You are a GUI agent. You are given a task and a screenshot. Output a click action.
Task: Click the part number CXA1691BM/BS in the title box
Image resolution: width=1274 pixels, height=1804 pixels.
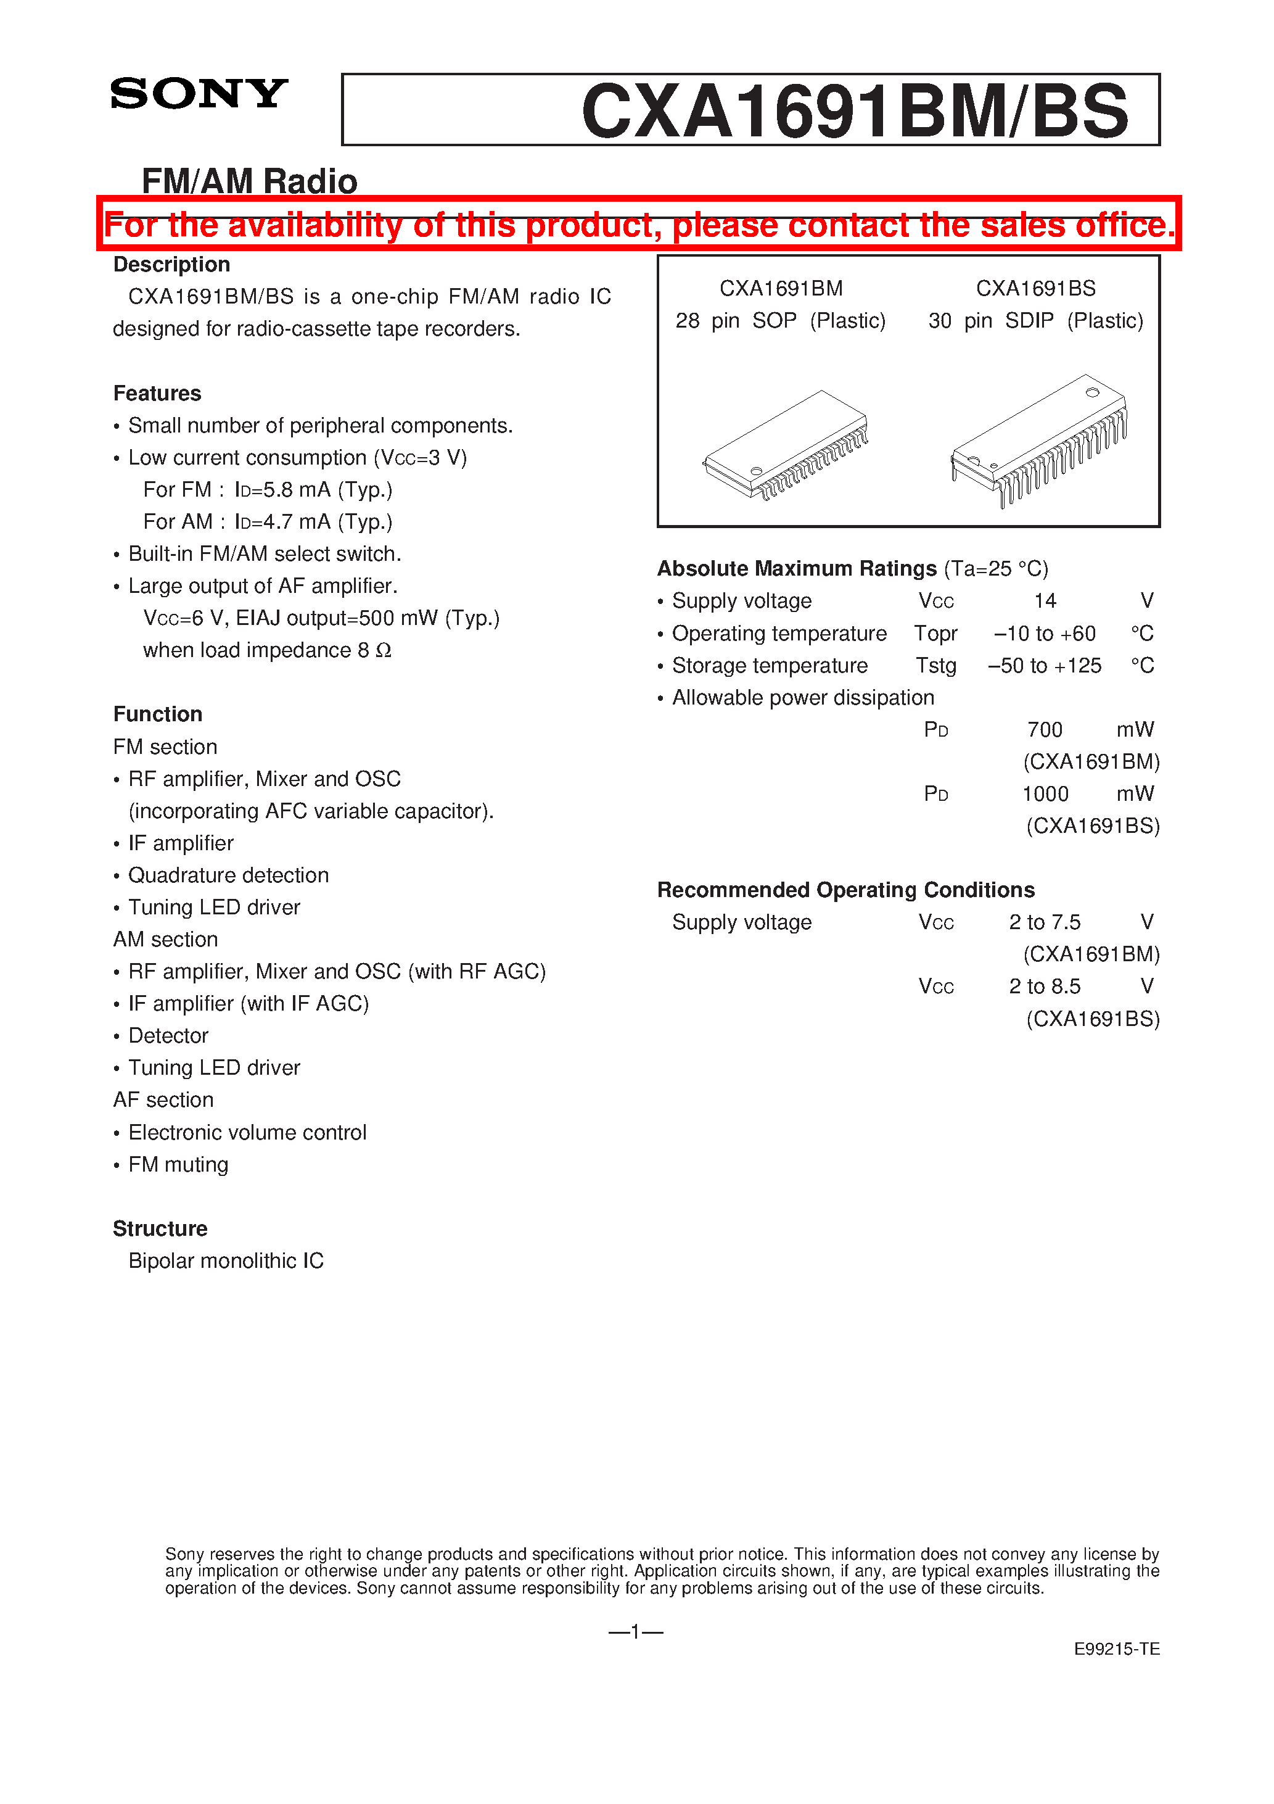tap(855, 112)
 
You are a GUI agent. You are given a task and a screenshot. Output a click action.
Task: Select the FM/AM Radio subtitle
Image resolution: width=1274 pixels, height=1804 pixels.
tap(249, 181)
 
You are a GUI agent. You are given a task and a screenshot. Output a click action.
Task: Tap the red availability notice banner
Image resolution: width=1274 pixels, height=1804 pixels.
tap(639, 225)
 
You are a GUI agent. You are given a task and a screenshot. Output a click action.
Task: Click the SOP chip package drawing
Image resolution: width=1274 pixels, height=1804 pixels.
tap(786, 445)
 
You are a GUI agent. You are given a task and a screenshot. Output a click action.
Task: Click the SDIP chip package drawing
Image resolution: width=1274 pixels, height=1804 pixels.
tap(1039, 441)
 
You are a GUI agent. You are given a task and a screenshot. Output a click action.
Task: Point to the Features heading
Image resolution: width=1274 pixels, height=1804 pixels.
tap(157, 393)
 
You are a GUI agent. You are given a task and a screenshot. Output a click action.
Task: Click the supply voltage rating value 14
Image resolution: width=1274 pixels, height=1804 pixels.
tap(1045, 601)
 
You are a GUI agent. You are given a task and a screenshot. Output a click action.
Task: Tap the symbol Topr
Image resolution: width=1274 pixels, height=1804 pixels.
tap(935, 633)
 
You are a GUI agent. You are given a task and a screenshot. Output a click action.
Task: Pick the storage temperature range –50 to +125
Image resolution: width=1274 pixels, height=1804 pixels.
tap(1045, 666)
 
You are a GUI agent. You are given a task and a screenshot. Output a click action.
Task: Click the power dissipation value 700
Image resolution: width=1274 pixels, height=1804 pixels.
tap(1045, 730)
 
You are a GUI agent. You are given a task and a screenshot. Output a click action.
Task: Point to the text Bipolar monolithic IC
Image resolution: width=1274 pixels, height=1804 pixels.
tap(226, 1261)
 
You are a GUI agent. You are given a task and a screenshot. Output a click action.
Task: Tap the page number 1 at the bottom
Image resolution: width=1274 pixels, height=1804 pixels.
tap(635, 1632)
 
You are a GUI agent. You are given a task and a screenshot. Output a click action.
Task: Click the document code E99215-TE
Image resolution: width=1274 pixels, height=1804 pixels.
tap(1116, 1649)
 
